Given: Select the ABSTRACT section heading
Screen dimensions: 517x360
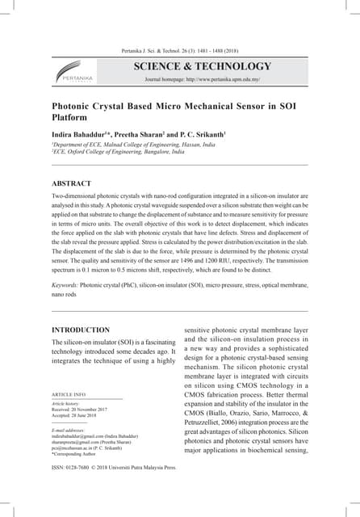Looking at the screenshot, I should click(72, 183).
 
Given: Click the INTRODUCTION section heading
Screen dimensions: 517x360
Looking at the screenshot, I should click(81, 330).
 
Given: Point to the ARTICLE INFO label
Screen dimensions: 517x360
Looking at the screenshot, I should click(69, 394).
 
